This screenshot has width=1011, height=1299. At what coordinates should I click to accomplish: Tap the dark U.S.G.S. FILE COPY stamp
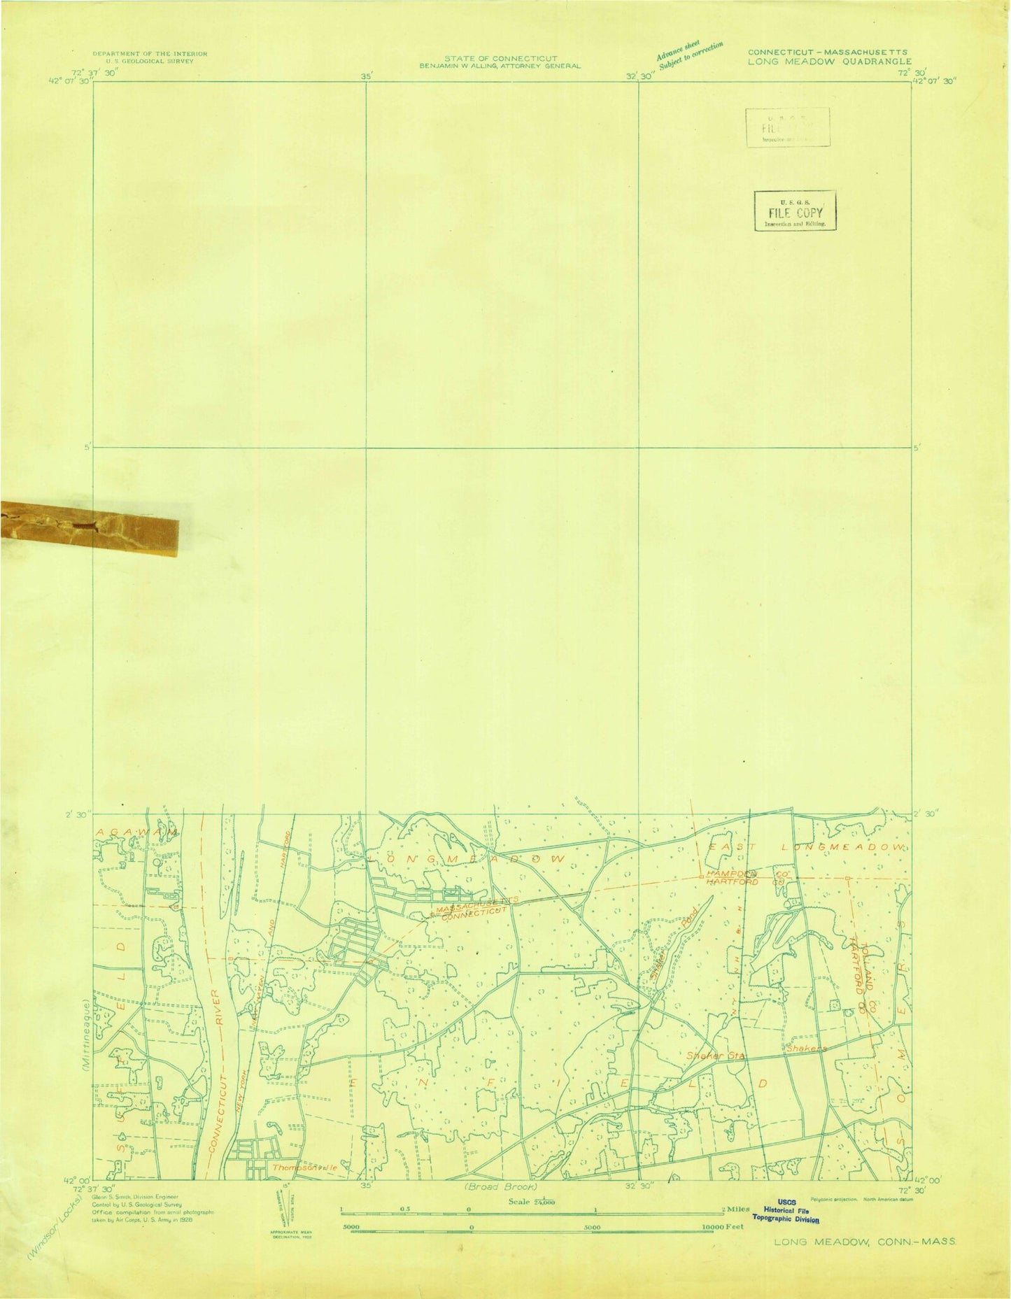coord(795,211)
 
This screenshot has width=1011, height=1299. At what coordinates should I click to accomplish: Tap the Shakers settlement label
coord(807,1049)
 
